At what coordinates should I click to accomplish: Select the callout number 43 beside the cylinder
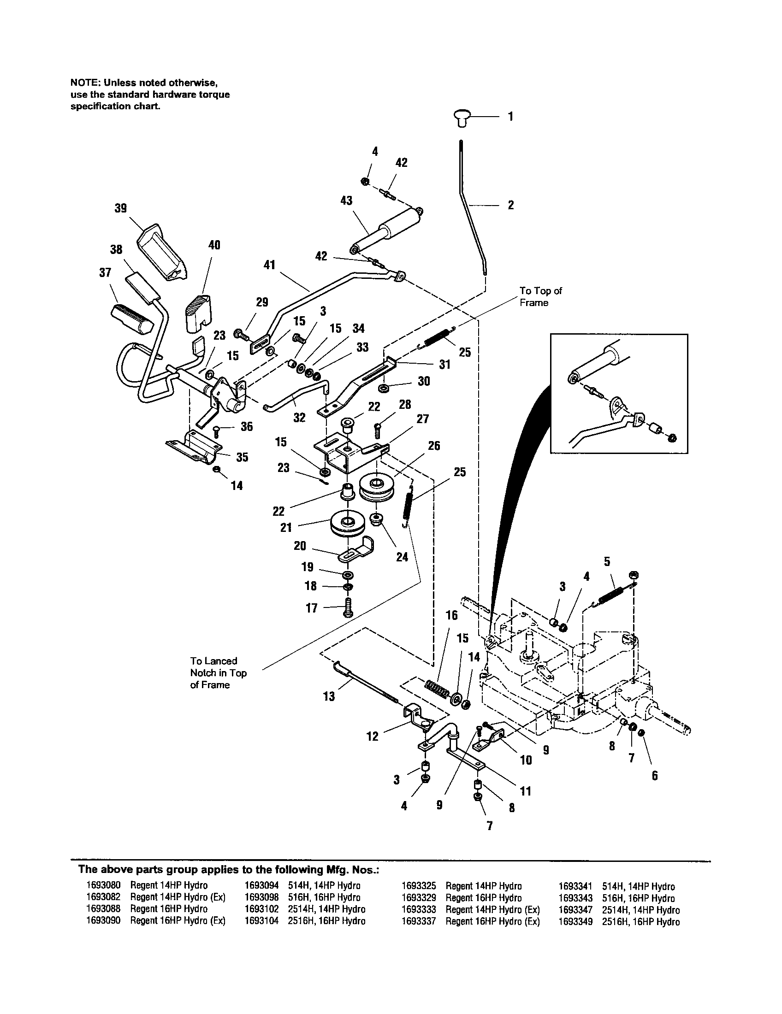346,200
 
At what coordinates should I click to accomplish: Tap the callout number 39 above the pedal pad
120,208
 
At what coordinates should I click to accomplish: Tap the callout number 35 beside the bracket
242,457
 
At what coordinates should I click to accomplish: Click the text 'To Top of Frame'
540,297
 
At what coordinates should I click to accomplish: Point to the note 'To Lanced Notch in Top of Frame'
218,672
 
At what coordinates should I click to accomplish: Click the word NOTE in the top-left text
85,83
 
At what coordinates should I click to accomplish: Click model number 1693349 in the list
575,922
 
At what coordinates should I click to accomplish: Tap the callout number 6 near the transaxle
654,776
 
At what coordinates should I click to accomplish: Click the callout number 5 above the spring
607,562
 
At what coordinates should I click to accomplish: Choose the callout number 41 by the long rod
269,265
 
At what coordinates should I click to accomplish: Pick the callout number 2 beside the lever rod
510,205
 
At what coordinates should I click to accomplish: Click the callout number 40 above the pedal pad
213,245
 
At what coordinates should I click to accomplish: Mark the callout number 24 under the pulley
402,557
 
